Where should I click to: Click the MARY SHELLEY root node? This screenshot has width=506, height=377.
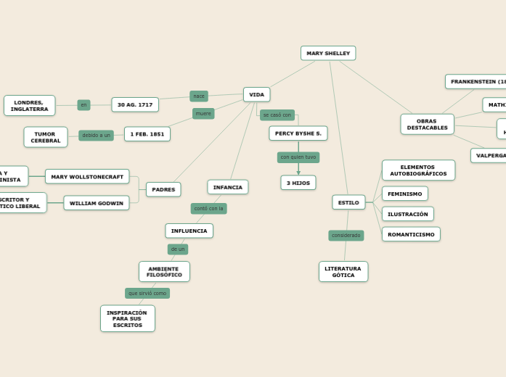coord(328,53)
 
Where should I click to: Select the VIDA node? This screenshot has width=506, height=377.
coord(256,94)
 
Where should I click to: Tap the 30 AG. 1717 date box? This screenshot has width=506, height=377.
coord(135,104)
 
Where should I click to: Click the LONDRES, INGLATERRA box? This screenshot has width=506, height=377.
coord(29,105)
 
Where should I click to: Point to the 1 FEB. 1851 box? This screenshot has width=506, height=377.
coord(147,134)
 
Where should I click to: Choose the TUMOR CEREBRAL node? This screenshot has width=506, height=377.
coord(45,137)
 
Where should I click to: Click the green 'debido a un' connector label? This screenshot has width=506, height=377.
coord(96,135)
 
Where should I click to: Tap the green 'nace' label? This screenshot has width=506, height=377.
coord(199,96)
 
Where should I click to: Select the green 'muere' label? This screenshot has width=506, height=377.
coord(203,113)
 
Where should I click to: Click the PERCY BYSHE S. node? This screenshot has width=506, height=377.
coord(298,133)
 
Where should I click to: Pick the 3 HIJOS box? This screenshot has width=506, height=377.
coord(298,183)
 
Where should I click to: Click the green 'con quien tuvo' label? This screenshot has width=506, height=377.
coord(298,157)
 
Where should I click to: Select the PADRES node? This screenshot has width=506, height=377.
coord(163,189)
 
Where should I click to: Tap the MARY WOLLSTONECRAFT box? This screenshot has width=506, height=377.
coord(87,176)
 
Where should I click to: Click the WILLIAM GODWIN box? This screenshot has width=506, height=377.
coord(96,203)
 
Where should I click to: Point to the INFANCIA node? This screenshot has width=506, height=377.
coord(227,187)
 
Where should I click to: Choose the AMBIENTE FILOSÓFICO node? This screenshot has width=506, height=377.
coord(164,271)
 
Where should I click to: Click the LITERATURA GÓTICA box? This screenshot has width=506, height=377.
coord(343,271)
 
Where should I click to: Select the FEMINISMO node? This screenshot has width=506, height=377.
coord(404,194)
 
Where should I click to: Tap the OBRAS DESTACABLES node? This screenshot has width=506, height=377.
coord(427,124)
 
